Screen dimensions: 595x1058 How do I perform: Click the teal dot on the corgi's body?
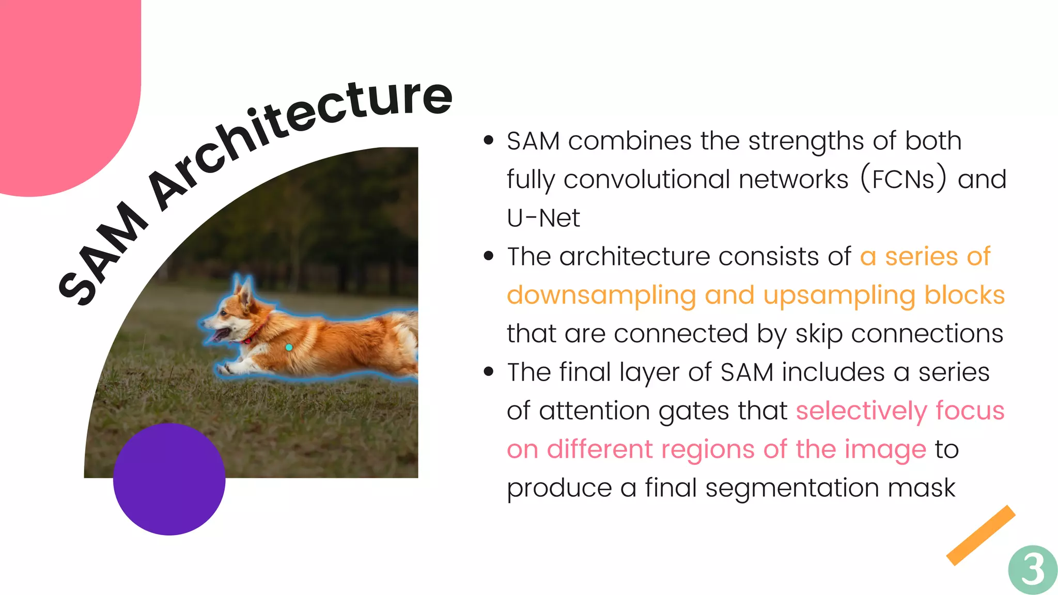(289, 348)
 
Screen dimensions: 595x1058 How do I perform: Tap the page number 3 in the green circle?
(1033, 570)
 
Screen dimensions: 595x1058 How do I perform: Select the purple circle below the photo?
(169, 479)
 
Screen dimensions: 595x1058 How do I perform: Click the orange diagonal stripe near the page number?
(981, 535)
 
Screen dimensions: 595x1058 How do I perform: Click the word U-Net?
(543, 217)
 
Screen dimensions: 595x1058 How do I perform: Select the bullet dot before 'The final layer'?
(489, 372)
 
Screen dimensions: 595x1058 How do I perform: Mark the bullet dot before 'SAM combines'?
(489, 140)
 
